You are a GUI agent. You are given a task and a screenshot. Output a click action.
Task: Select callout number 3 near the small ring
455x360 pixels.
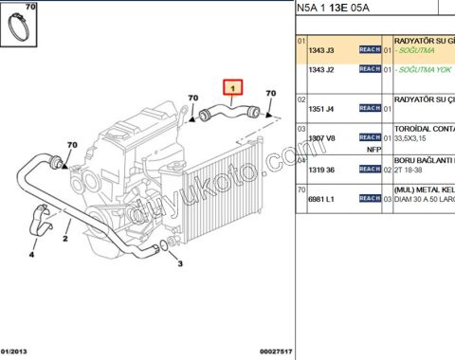pos(180,263)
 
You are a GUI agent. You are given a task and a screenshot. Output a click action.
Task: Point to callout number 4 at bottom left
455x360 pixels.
pos(31,254)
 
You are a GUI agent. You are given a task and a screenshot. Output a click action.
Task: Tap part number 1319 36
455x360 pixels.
pos(323,171)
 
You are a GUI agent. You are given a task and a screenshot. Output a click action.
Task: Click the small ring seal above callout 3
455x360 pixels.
pos(165,249)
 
